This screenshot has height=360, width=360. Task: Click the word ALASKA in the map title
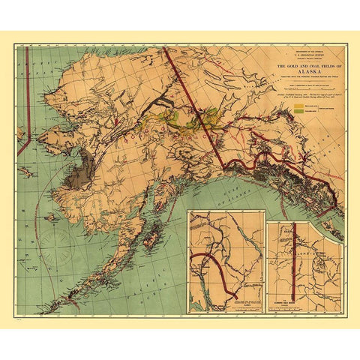coord(303,65)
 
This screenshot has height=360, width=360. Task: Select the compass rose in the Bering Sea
coord(56,244)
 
